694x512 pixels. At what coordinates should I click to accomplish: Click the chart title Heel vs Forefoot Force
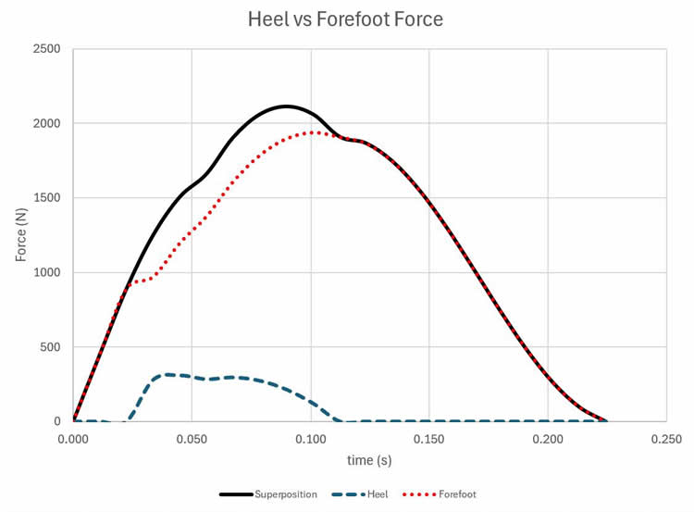pos(347,19)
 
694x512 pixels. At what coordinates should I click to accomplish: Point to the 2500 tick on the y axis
pos(46,48)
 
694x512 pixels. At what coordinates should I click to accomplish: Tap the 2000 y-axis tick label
pos(46,123)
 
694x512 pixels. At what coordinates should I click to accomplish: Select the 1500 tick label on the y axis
pos(46,198)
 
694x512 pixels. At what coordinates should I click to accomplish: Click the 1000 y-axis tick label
pos(46,272)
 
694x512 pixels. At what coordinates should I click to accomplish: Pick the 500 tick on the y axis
pos(51,347)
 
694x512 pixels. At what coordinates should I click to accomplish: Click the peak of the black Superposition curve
pos(287,106)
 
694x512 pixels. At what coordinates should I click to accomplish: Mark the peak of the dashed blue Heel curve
pos(167,374)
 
